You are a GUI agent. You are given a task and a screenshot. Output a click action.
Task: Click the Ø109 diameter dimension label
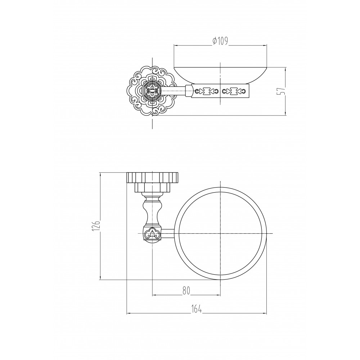220,41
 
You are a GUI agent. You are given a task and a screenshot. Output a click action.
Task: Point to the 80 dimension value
186,291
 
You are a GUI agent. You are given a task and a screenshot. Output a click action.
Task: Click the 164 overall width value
197,309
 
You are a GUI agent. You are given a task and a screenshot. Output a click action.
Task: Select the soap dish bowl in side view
220,76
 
